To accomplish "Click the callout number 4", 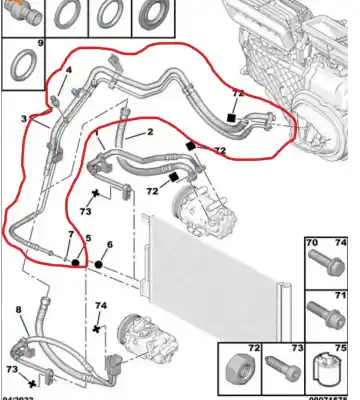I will tap(69, 70).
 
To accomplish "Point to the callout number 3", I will tap(22, 119).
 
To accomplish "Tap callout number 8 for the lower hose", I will tap(17, 310).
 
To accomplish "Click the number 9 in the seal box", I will tap(40, 45).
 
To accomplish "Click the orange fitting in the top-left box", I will tap(24, 13).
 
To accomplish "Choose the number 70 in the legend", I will tap(311, 243).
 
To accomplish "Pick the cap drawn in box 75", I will tap(333, 372).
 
